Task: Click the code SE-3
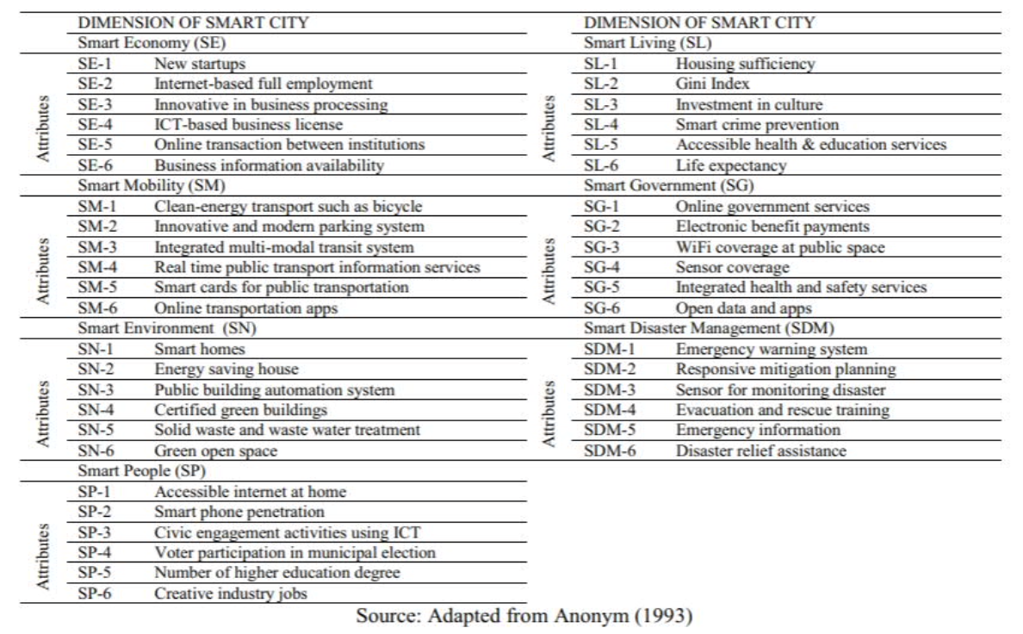95,104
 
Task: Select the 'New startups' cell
200,64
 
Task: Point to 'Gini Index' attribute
712,84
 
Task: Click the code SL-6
601,165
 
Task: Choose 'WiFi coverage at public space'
780,247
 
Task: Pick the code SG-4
602,268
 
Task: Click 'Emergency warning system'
772,349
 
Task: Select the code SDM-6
610,451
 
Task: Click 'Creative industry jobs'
231,594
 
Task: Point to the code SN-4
96,410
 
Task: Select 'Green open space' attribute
216,451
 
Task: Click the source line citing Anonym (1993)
524,617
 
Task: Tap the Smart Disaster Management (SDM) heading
709,328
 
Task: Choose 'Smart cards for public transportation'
282,288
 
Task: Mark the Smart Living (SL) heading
648,42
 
